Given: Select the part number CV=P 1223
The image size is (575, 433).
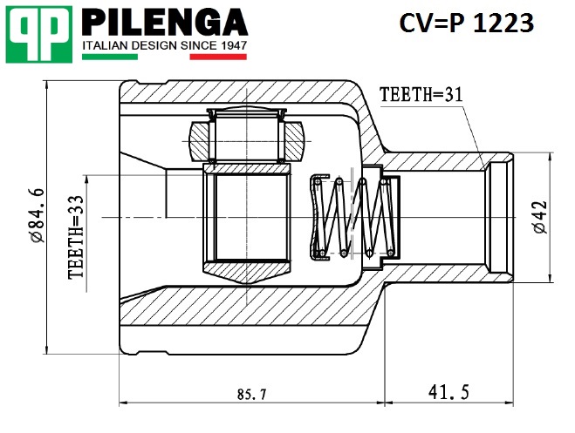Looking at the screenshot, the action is [466, 24].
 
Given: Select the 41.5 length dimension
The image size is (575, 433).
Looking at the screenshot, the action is [449, 393].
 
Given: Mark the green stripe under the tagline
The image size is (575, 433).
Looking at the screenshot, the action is [109, 57].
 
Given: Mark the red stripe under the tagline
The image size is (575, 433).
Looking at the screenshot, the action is [218, 57].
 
